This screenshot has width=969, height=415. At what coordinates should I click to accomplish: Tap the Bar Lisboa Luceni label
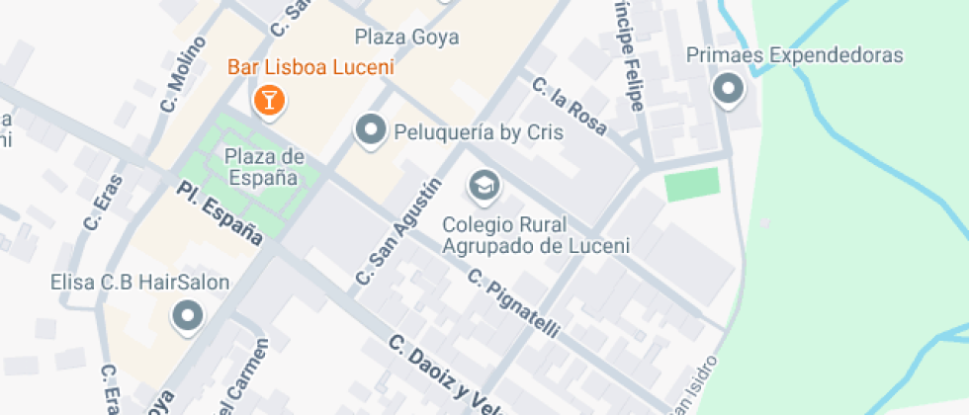pos(310,68)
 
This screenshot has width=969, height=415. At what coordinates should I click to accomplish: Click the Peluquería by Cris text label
pos(479,131)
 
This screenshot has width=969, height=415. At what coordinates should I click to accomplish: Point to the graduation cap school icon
pos(484,185)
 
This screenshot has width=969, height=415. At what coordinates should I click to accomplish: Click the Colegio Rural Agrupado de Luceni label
pos(536,234)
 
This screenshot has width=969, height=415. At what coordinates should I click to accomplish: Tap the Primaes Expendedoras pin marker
pos(729,90)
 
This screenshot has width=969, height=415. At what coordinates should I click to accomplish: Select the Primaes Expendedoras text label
pos(795,55)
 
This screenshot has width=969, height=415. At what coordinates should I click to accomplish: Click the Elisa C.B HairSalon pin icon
pos(187,317)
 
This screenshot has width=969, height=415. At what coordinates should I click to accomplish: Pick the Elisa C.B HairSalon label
pos(139,283)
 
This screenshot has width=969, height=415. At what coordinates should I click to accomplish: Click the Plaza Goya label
pos(406,38)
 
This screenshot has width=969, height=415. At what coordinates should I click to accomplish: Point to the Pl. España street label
pos(220,213)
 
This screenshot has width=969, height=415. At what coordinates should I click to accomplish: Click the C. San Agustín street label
pos(397,234)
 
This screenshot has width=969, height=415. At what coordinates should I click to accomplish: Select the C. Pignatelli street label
pos(514,302)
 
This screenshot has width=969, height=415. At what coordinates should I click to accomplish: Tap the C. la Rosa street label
pos(569,107)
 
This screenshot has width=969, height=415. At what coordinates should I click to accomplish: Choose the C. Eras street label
pos(103,204)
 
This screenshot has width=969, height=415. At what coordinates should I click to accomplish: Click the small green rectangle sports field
pos(692,185)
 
